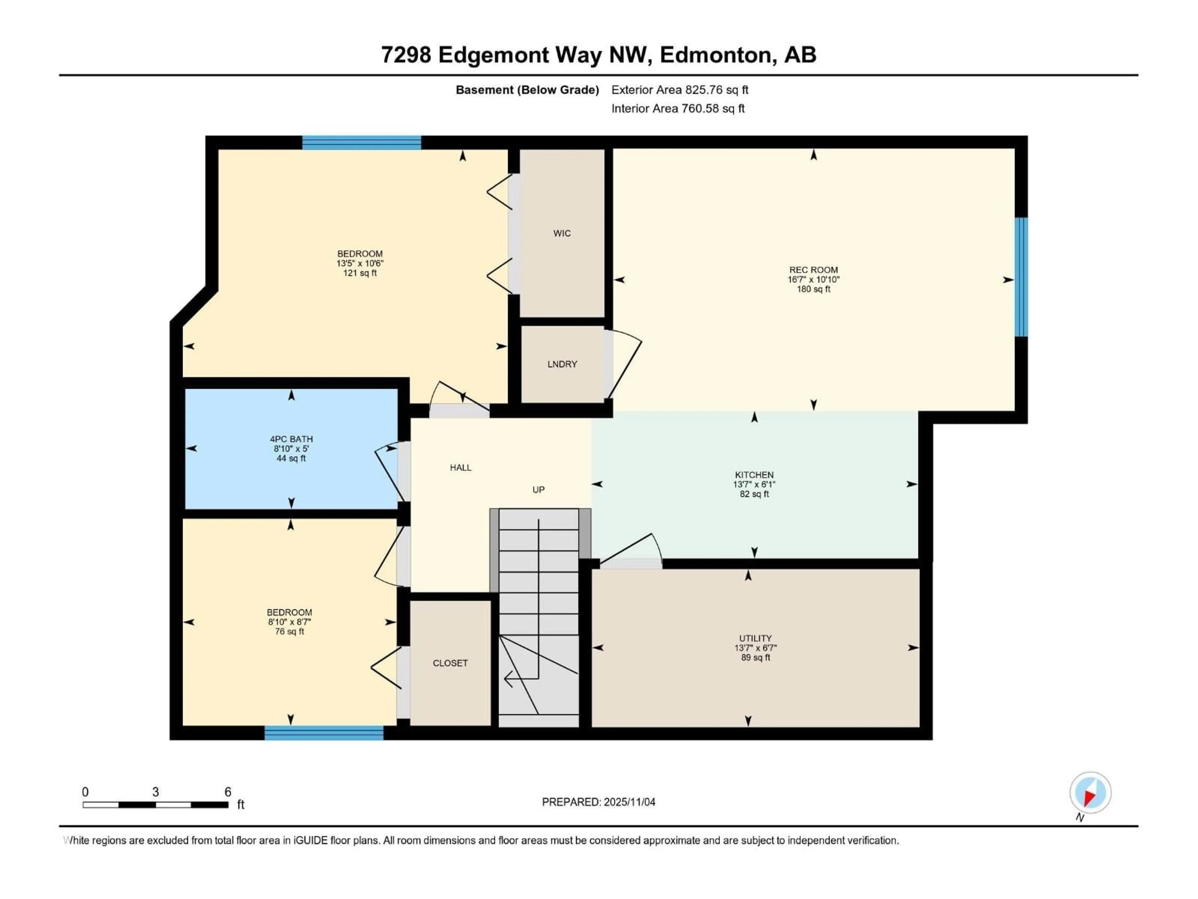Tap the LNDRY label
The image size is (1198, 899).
click(562, 364)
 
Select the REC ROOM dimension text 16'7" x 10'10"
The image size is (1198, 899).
click(813, 280)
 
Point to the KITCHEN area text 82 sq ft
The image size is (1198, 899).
click(754, 494)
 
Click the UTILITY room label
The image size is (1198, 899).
click(755, 638)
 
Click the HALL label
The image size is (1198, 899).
click(460, 468)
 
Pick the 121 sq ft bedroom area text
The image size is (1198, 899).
click(360, 273)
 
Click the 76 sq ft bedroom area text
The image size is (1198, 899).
click(289, 632)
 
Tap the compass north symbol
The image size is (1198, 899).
click(1090, 793)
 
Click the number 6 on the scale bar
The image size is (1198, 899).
click(228, 792)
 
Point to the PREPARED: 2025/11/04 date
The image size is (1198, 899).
click(598, 802)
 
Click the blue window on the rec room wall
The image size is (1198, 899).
click(1020, 277)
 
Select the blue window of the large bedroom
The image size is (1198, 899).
click(361, 143)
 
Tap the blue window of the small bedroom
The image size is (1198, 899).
click(324, 733)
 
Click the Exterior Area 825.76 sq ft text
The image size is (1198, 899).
click(680, 90)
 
